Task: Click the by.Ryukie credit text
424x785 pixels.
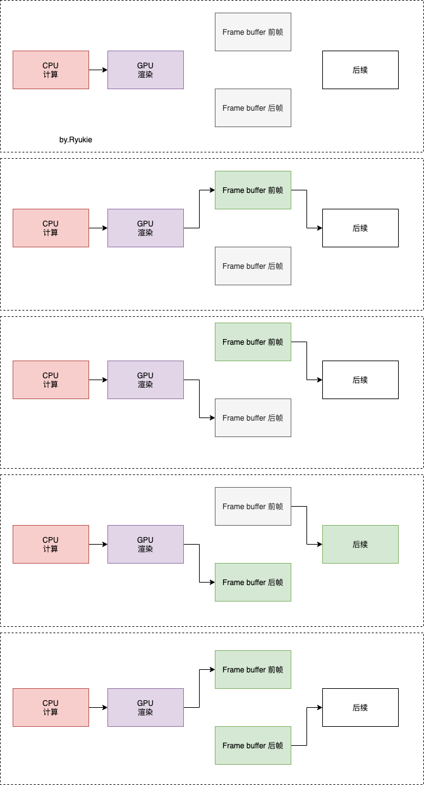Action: [x=76, y=140]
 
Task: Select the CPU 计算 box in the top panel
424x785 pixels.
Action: [x=51, y=70]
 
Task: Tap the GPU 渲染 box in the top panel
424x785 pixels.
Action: [x=146, y=70]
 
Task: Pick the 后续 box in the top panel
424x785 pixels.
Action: [x=360, y=70]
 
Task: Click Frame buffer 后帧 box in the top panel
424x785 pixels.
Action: [x=253, y=108]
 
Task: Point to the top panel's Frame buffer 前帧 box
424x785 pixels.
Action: [x=253, y=32]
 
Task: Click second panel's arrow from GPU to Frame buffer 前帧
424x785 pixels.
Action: [x=200, y=209]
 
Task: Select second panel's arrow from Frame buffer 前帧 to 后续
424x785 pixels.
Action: [x=306, y=209]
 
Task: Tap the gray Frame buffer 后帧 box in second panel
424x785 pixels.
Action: [x=253, y=266]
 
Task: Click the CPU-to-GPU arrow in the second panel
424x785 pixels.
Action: [x=98, y=228]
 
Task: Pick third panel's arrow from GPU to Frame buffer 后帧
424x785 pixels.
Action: [x=200, y=399]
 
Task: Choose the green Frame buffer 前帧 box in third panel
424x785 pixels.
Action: [x=253, y=342]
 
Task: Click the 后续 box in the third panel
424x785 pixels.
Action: [x=360, y=380]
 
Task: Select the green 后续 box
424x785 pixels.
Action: [x=360, y=544]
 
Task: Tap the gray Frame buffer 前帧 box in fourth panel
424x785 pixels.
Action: [x=253, y=507]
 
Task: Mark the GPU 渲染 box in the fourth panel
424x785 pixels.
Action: [x=146, y=544]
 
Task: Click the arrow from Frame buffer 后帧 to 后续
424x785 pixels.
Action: [x=306, y=726]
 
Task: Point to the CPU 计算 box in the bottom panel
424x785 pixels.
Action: [x=51, y=708]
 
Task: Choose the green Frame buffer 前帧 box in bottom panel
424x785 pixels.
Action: [x=253, y=670]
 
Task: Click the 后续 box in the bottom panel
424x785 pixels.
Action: [x=360, y=708]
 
